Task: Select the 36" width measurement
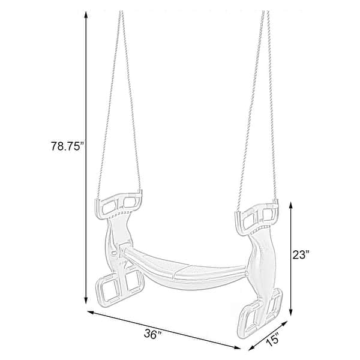point(153,335)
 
